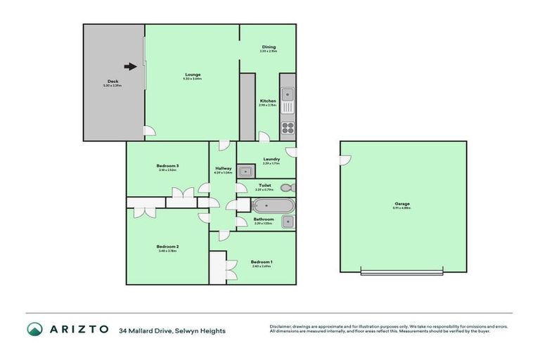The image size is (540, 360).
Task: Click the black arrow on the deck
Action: pyautogui.click(x=130, y=67)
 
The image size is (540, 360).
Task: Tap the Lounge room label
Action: pyautogui.click(x=193, y=75)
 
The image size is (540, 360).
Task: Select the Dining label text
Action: pyautogui.click(x=269, y=47)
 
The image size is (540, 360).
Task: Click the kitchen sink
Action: pyautogui.click(x=288, y=94)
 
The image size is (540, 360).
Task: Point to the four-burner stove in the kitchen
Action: pyautogui.click(x=288, y=127)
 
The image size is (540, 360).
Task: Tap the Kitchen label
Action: pyautogui.click(x=267, y=101)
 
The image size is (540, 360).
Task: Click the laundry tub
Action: pyautogui.click(x=245, y=170)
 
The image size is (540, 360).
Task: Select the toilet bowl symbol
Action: pyautogui.click(x=285, y=188)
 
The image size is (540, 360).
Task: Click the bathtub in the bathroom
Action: pyautogui.click(x=271, y=207)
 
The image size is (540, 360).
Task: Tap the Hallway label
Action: pyautogui.click(x=224, y=169)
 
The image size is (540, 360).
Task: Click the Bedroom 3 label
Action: pyautogui.click(x=167, y=166)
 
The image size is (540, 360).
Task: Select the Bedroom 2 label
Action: pyautogui.click(x=167, y=247)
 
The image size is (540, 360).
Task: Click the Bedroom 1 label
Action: pyautogui.click(x=262, y=262)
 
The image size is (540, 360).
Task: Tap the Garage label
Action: pyautogui.click(x=402, y=204)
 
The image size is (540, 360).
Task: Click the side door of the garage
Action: pyautogui.click(x=345, y=161)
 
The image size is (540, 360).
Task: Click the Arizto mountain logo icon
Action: pyautogui.click(x=35, y=329)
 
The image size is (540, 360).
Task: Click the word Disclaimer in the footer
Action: pyautogui.click(x=279, y=326)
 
